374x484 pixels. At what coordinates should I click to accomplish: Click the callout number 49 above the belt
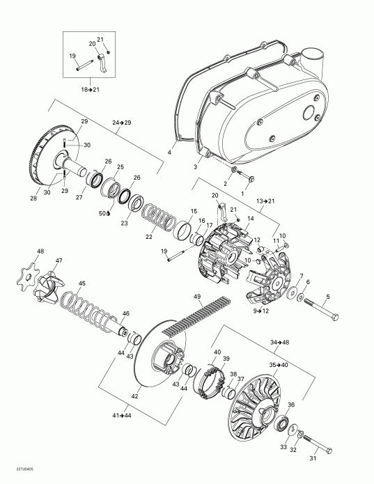(x=197, y=297)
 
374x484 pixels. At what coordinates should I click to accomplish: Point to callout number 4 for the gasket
(x=169, y=151)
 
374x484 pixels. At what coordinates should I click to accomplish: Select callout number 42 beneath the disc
(x=134, y=396)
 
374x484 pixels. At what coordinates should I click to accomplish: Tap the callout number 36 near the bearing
(x=291, y=405)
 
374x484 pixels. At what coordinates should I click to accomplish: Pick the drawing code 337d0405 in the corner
(x=15, y=477)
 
